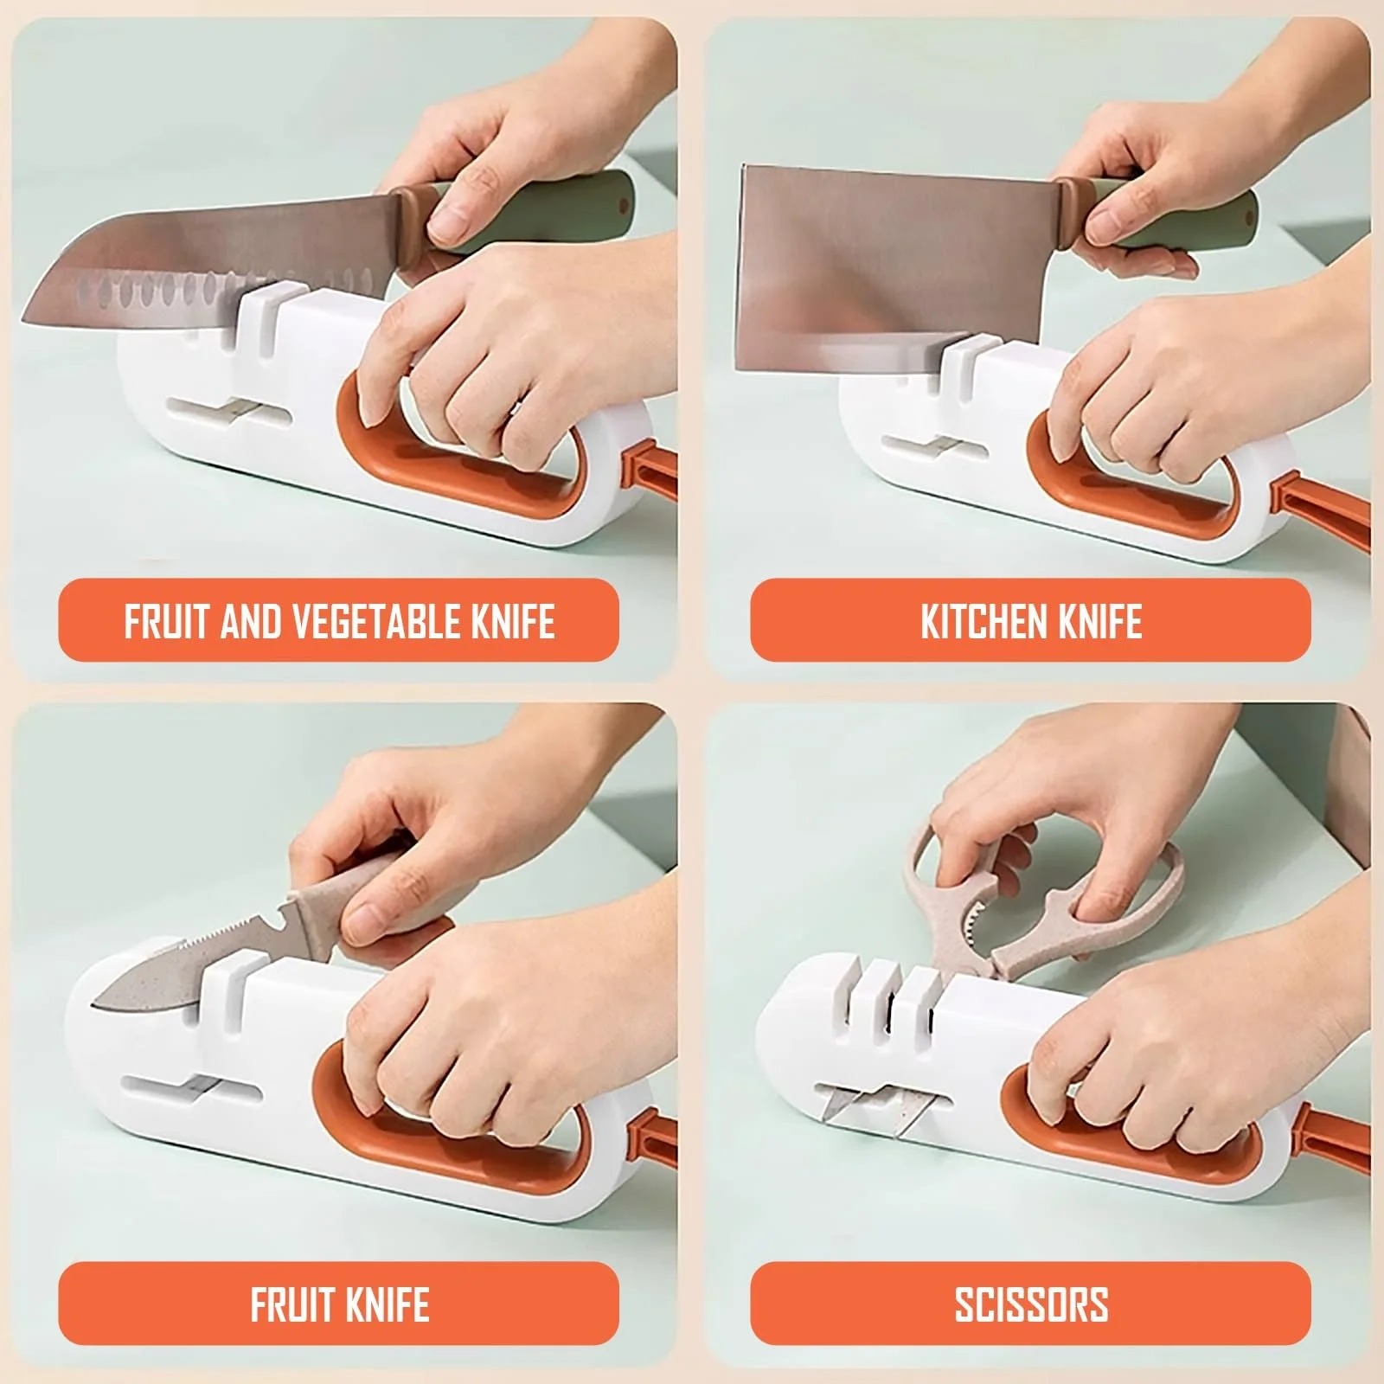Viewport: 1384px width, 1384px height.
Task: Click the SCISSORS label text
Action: tap(1031, 1305)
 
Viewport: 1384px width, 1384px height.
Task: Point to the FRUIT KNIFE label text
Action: tap(339, 1305)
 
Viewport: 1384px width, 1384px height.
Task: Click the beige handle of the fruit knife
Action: tap(363, 900)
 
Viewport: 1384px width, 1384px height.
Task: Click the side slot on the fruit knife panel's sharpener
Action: tap(192, 1088)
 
